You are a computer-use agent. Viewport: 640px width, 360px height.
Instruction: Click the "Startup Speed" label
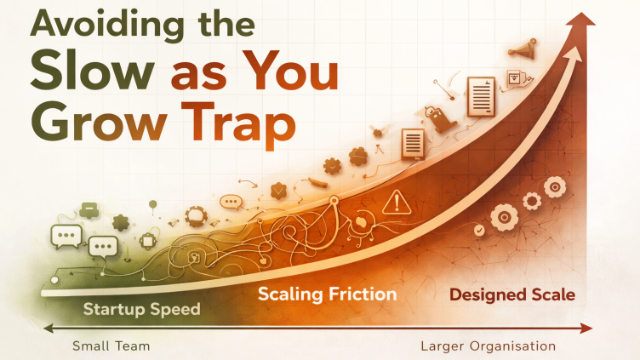[141, 308]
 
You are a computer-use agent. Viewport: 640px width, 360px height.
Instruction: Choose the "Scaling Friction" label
[327, 294]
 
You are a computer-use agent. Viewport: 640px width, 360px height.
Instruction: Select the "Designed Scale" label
[511, 295]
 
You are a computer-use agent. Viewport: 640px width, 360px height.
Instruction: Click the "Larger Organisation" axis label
[488, 346]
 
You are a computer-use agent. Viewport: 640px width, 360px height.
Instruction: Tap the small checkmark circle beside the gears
[479, 230]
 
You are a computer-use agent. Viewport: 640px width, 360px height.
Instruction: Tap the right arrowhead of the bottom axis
[589, 328]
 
